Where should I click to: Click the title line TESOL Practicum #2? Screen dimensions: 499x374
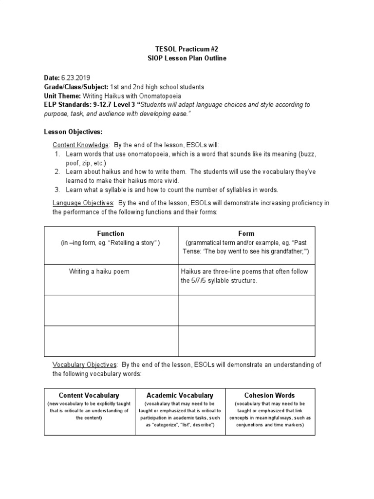pos(187,49)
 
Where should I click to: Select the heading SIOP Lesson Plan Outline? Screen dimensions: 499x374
pos(187,58)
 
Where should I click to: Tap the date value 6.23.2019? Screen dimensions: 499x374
pos(75,78)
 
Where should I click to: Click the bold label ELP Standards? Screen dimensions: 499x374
pos(71,104)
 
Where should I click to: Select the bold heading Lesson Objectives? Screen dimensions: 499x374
pos(74,132)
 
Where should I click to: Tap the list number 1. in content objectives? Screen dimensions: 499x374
pos(57,154)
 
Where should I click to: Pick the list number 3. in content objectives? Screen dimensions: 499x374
pos(57,190)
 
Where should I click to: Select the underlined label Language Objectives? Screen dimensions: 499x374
pos(83,203)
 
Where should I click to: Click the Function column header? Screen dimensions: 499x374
pos(111,233)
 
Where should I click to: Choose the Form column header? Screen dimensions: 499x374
pos(246,233)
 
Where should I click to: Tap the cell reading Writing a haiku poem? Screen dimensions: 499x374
pos(99,271)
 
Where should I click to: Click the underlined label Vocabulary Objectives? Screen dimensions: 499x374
pos(85,365)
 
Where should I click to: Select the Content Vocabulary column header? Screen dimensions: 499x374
pos(89,395)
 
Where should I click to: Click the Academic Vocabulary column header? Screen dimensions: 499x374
pos(180,395)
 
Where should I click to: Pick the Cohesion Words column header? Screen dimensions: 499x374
pos(270,395)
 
